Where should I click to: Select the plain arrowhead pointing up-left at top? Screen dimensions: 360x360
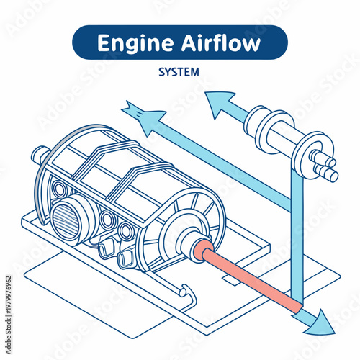point(220,102)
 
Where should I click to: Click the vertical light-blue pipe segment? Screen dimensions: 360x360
point(296,238)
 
